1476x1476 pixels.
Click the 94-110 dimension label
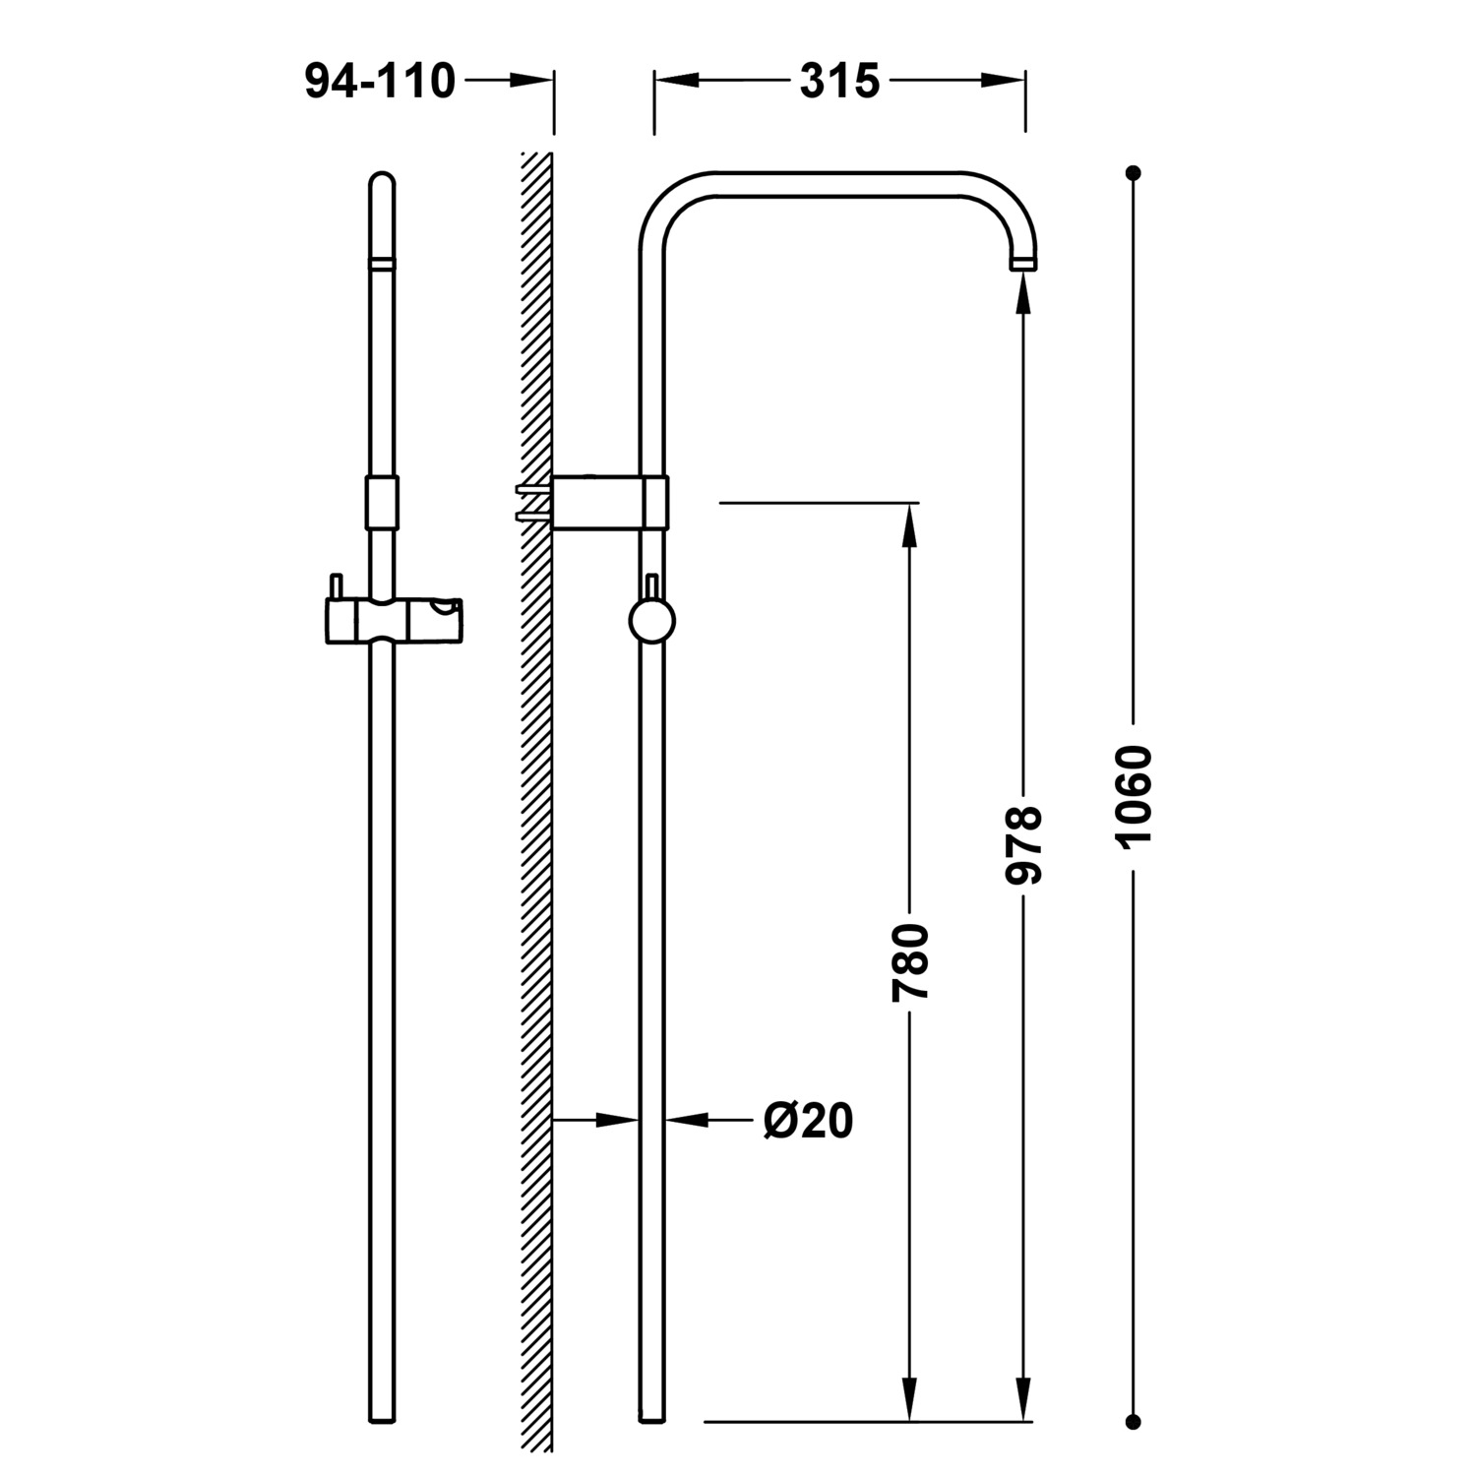(380, 82)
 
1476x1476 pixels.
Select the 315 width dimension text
(839, 82)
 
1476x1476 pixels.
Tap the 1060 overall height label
(1134, 796)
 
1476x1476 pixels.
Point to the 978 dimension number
(1023, 844)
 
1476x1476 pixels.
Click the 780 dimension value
(910, 961)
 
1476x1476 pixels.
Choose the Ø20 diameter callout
(808, 1120)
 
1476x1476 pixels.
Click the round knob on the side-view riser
(651, 622)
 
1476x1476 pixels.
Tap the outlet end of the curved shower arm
(1023, 263)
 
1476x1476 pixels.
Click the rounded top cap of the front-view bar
(382, 183)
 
